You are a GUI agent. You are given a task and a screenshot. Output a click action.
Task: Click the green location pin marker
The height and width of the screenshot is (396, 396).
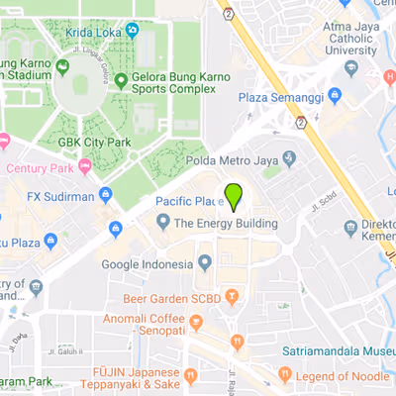(x=234, y=196)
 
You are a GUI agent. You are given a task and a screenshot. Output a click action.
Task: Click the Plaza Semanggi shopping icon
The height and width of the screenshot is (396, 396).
(x=335, y=96)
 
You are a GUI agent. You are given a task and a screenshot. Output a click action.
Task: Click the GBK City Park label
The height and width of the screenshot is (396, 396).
(x=95, y=142)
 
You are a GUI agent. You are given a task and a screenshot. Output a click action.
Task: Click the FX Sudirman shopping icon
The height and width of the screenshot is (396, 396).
(x=106, y=195)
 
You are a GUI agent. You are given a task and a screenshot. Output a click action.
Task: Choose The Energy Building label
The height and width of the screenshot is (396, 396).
(x=226, y=224)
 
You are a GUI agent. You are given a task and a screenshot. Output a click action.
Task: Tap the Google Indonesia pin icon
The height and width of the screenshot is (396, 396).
(x=205, y=262)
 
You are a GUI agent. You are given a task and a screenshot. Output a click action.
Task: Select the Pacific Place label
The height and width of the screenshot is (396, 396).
(x=188, y=201)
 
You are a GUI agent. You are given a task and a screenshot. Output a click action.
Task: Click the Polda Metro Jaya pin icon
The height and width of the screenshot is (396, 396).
(x=288, y=158)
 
